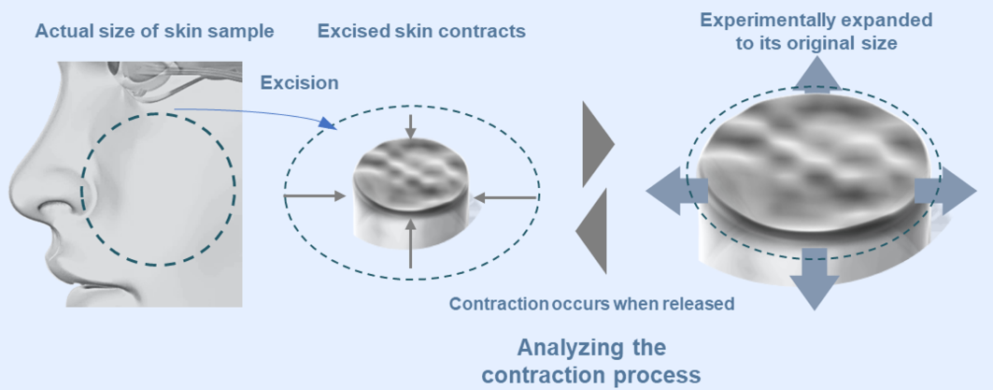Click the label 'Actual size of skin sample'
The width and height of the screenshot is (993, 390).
click(154, 31)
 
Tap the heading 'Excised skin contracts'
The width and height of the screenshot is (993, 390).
click(422, 31)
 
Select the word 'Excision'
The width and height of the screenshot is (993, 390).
click(300, 82)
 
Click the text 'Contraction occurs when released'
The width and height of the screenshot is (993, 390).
click(591, 304)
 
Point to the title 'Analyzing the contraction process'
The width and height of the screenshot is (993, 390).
click(591, 361)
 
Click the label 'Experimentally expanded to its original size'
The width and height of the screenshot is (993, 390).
click(816, 32)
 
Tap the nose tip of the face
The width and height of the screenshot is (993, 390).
click(13, 190)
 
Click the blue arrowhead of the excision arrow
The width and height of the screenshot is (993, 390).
click(325, 123)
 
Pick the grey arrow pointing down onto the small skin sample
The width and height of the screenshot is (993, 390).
click(411, 127)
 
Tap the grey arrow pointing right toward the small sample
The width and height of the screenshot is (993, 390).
click(315, 197)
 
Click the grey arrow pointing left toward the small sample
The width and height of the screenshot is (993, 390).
click(506, 198)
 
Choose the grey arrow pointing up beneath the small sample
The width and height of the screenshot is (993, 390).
click(411, 243)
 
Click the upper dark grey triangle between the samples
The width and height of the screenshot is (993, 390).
click(598, 143)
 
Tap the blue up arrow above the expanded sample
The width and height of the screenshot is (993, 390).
click(816, 75)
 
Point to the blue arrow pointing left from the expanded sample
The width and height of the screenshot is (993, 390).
click(676, 190)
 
